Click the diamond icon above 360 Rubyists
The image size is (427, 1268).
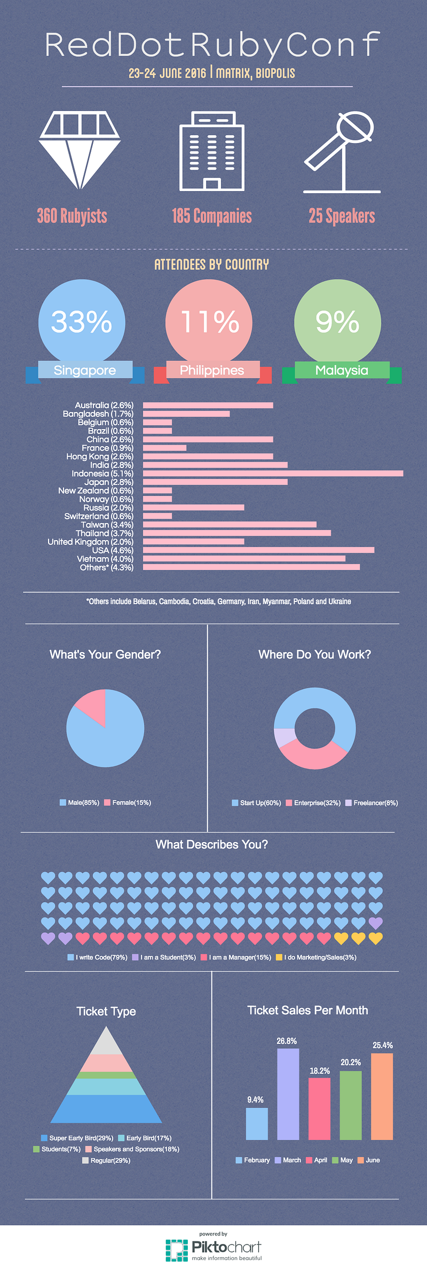pyautogui.click(x=80, y=150)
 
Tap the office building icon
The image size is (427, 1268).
pyautogui.click(x=212, y=151)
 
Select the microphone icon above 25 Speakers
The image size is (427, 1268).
pyautogui.click(x=342, y=152)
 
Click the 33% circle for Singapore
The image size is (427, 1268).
pyautogui.click(x=82, y=322)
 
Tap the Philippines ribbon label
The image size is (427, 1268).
pyautogui.click(x=212, y=370)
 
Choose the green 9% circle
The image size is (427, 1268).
pyautogui.click(x=337, y=322)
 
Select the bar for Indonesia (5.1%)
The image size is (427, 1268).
pyautogui.click(x=273, y=473)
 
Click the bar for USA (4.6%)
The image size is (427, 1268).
pyautogui.click(x=258, y=550)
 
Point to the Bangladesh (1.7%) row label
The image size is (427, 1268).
pyautogui.click(x=98, y=414)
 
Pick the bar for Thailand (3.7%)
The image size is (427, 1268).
pyautogui.click(x=237, y=533)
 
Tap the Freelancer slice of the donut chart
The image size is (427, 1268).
pyautogui.click(x=282, y=738)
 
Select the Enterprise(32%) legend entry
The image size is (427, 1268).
pyautogui.click(x=313, y=803)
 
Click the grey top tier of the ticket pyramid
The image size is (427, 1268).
pyautogui.click(x=107, y=1042)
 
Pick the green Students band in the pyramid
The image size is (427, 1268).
pyautogui.click(x=107, y=1075)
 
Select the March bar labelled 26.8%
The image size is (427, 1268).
pyautogui.click(x=288, y=1094)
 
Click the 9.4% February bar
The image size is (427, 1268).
pyautogui.click(x=257, y=1124)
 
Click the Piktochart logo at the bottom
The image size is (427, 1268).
pyautogui.click(x=213, y=1249)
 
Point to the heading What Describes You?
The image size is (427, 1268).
pyautogui.click(x=212, y=844)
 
